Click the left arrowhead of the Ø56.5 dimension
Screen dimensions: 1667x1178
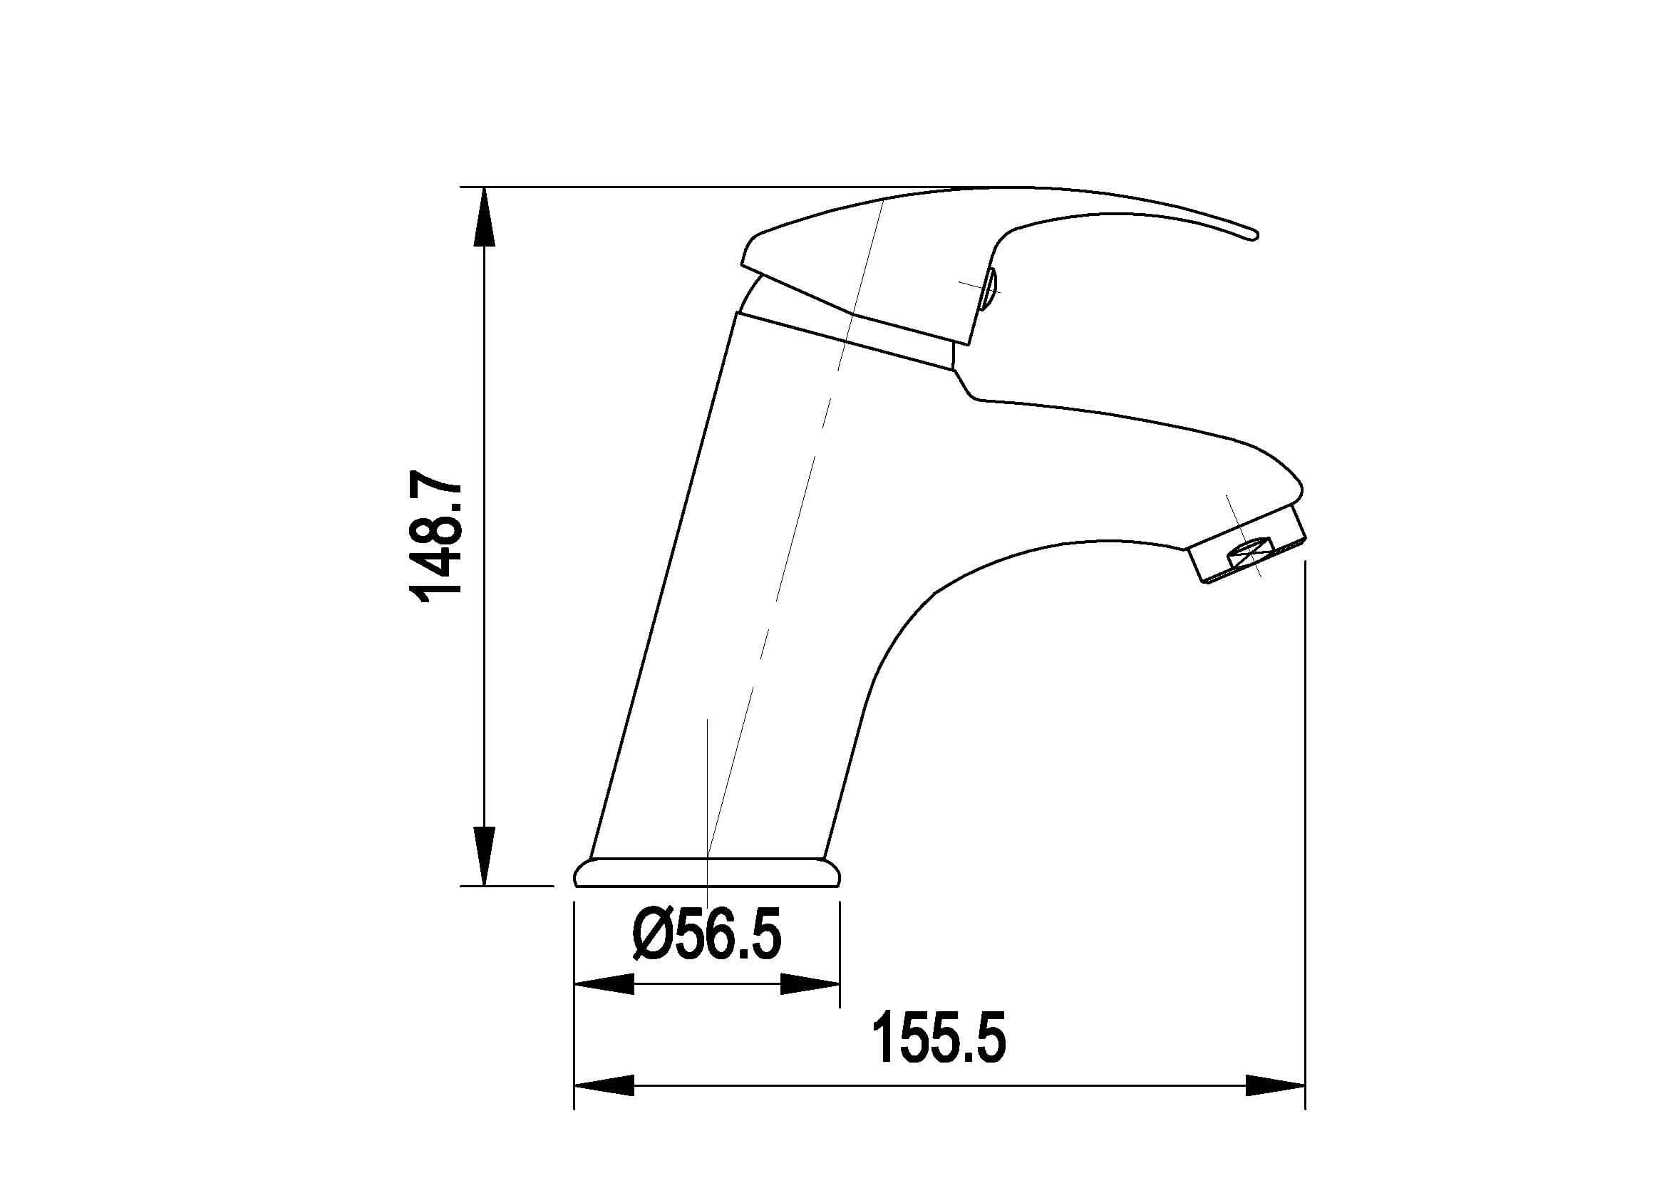click(x=604, y=985)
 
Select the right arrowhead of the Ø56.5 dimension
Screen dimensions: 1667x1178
click(x=810, y=985)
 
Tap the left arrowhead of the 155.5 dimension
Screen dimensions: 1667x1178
click(x=604, y=1106)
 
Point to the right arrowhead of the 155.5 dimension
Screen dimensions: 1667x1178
click(x=1275, y=1106)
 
